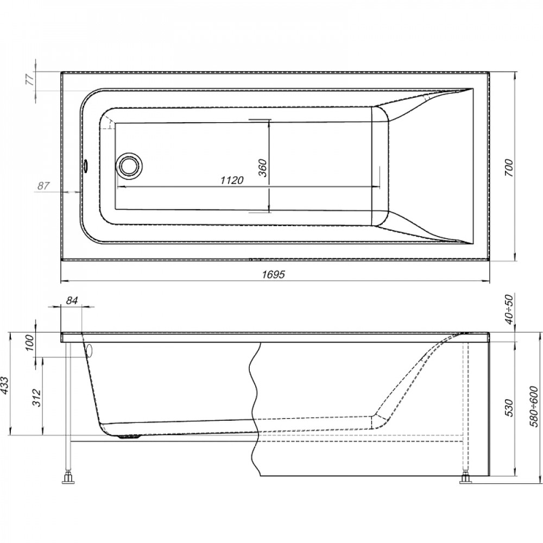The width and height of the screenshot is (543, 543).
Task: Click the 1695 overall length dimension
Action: tap(273, 274)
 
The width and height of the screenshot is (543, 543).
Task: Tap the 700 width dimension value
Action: tap(508, 168)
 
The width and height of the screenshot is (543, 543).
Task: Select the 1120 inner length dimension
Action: tap(232, 180)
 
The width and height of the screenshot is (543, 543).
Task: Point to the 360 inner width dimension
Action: tap(263, 168)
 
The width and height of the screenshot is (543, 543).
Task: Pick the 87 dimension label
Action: tap(43, 186)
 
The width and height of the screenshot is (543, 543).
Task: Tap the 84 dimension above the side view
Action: tap(72, 301)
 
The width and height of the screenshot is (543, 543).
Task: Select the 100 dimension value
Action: tap(30, 343)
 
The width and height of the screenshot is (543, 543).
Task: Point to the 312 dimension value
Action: tap(37, 398)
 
